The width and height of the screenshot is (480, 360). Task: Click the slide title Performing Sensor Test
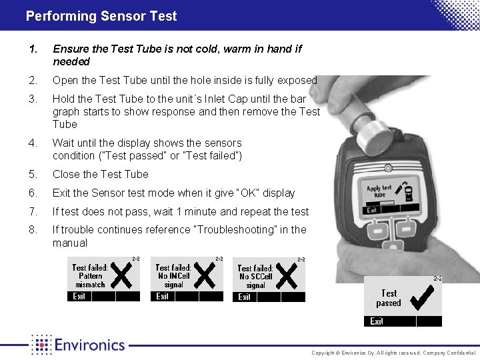tap(101, 16)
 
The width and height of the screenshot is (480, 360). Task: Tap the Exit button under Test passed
tap(377, 321)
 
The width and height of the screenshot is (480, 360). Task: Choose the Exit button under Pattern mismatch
tap(79, 297)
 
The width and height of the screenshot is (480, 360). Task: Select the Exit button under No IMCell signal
tap(163, 297)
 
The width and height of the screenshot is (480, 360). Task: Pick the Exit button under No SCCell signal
tap(245, 297)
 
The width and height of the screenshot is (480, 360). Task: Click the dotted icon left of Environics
tap(41, 345)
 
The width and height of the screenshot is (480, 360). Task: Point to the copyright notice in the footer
tap(393, 353)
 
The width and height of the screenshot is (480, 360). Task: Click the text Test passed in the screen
tap(389, 298)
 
